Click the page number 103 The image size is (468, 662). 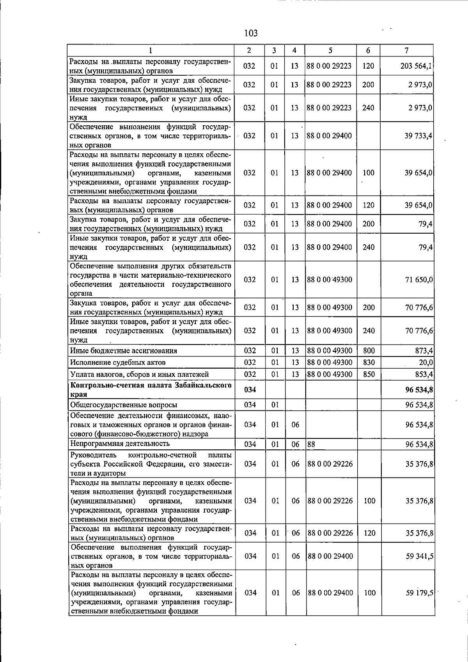click(251, 33)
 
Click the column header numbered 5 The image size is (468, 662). click(330, 50)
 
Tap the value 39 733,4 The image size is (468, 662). click(418, 136)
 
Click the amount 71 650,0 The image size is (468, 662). click(419, 280)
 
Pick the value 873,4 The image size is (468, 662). click(424, 351)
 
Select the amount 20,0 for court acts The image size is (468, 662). click(425, 362)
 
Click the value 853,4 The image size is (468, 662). click(424, 374)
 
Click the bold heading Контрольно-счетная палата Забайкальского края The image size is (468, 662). click(150, 389)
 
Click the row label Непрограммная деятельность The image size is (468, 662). click(120, 444)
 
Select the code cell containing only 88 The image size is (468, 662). click(311, 444)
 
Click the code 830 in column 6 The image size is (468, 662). click(369, 362)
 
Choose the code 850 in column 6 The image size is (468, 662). click(369, 374)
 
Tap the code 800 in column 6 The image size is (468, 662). click(369, 351)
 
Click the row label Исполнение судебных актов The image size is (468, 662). click(118, 362)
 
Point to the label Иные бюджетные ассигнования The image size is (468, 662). click(123, 351)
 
